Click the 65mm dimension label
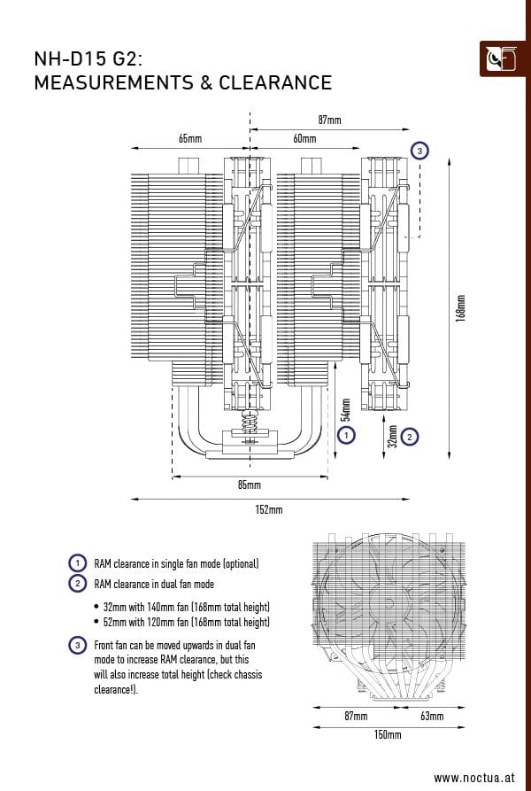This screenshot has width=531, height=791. [x=189, y=139]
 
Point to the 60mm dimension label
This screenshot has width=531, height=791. [x=304, y=139]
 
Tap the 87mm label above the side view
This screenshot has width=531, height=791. [x=329, y=120]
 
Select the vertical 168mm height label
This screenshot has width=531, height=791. [x=459, y=308]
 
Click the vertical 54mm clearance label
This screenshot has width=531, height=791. [x=346, y=408]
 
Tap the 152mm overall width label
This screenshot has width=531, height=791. [x=269, y=509]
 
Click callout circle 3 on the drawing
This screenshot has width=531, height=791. [x=419, y=151]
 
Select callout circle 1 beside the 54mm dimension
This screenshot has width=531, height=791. [x=347, y=435]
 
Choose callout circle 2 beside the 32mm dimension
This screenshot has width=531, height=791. [x=409, y=436]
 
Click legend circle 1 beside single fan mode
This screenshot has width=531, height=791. [x=78, y=563]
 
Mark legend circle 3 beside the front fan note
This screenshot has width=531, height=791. [x=78, y=646]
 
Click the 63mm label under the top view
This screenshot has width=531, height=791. [x=431, y=715]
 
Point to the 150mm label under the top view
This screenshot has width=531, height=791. [x=388, y=735]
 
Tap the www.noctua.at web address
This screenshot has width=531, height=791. [x=473, y=777]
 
